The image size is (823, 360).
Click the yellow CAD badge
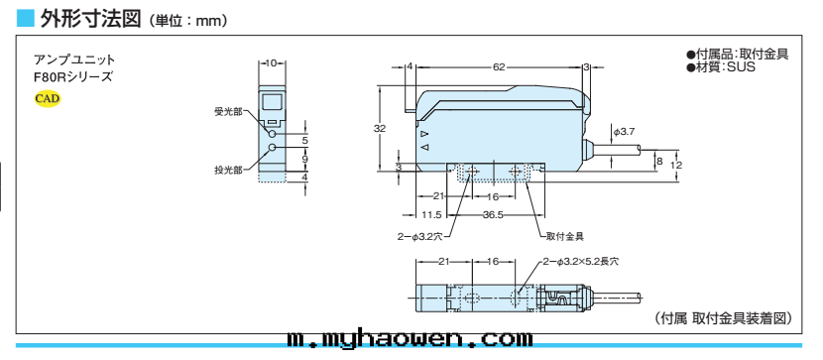click(48, 98)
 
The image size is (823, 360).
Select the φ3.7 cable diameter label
click(625, 132)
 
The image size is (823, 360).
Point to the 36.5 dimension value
click(493, 214)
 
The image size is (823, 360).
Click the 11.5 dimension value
click(431, 214)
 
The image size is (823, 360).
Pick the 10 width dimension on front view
click(272, 63)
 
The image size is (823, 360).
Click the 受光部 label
click(228, 112)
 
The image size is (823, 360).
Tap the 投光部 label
click(228, 170)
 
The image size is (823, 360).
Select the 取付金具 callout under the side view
click(564, 236)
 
